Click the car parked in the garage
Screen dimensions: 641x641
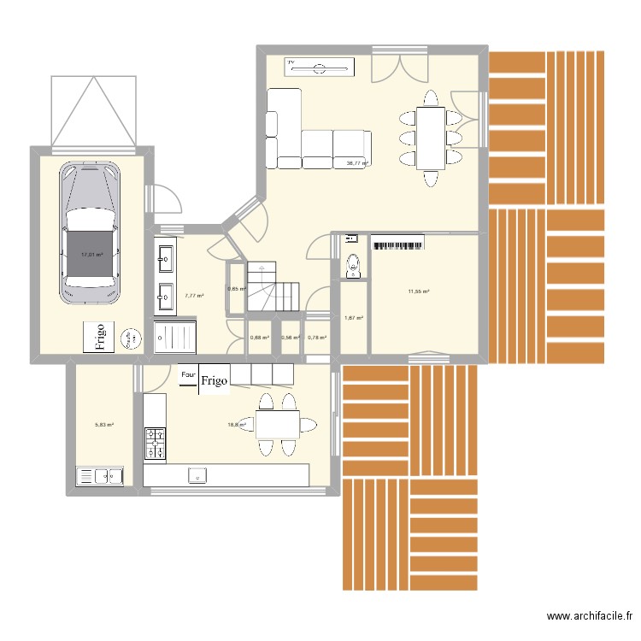[x=90, y=233]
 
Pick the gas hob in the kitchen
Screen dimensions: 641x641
[x=155, y=444]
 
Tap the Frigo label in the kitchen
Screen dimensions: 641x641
[x=215, y=382]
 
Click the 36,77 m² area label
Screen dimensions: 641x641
[x=356, y=163]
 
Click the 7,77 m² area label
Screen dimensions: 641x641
[x=194, y=296]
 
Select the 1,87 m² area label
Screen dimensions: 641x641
[x=354, y=318]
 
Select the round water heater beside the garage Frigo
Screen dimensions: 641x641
[x=132, y=338]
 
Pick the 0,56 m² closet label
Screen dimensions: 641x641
[x=292, y=337]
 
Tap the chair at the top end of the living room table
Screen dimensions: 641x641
[x=430, y=96]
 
